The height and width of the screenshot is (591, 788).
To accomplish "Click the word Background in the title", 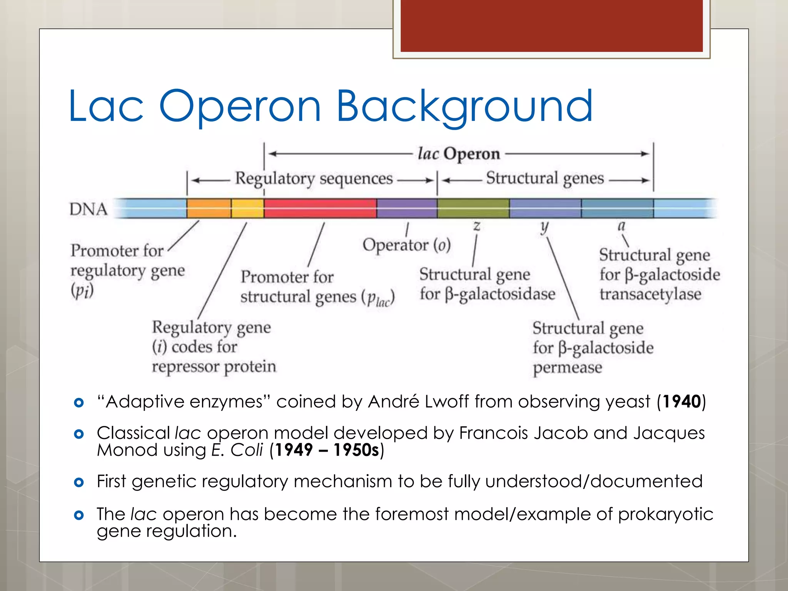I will tap(464, 106).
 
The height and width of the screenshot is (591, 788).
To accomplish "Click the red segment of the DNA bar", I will tap(320, 208).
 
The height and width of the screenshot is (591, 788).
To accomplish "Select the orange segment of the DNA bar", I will tap(209, 208).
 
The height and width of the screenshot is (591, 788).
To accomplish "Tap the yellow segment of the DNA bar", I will tap(247, 208).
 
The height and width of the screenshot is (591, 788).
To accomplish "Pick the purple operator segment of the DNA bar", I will tap(407, 208).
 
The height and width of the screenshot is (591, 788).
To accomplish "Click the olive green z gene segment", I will tap(473, 208).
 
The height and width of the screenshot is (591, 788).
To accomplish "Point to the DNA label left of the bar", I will tap(88, 209).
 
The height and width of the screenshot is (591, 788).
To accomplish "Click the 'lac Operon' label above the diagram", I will tap(459, 154).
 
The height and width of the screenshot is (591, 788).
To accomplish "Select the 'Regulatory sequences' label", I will tap(314, 179).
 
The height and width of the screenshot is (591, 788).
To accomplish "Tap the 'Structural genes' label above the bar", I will tap(545, 179).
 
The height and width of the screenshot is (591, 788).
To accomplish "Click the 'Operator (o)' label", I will tap(406, 245).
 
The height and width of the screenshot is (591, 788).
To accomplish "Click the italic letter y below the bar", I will tap(544, 227).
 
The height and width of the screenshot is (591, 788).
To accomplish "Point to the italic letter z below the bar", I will tap(477, 225).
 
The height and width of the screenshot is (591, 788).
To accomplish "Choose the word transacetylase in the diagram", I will tap(650, 294).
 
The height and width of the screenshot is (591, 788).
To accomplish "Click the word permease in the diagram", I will tap(567, 367).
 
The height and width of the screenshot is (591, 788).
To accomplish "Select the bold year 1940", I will tap(681, 402).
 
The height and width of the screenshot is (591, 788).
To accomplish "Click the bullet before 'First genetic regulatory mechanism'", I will tap(79, 482).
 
